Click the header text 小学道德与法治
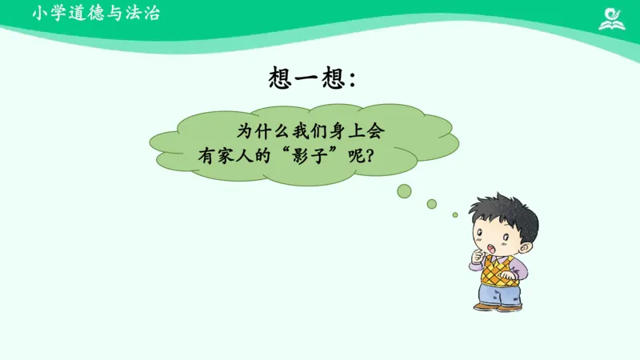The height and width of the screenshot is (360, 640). point(97,13)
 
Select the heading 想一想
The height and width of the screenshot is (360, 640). point(306,78)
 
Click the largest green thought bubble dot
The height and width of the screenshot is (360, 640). point(405,190)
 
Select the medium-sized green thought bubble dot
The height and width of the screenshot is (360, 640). point(432,204)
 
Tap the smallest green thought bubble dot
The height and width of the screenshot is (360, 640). point(455,214)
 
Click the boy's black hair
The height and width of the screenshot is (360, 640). point(503,210)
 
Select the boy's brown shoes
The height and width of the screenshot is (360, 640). point(497,306)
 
